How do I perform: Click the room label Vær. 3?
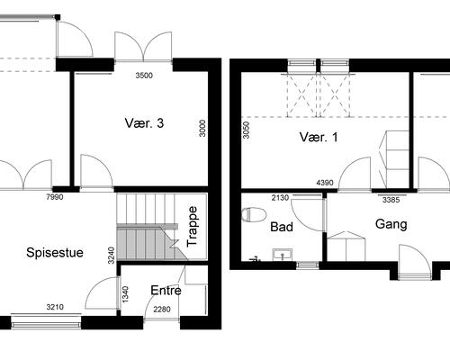(144, 123)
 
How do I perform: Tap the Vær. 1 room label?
(319, 137)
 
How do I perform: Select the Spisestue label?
(55, 253)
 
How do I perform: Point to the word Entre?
(166, 291)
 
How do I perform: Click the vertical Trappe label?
(192, 227)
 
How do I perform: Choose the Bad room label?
(282, 227)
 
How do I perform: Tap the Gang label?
(391, 224)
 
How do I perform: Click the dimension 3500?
(144, 76)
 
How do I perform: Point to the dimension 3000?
(202, 129)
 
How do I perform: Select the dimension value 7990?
(55, 197)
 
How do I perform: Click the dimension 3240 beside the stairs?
(112, 256)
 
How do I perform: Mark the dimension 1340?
(125, 294)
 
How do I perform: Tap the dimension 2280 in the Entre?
(162, 310)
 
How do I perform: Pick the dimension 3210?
(55, 307)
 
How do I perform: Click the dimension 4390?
(325, 183)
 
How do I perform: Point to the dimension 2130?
(280, 198)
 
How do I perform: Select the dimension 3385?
(391, 200)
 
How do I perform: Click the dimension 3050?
(246, 130)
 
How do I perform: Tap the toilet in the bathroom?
(254, 215)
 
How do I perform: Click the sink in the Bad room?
(283, 255)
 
